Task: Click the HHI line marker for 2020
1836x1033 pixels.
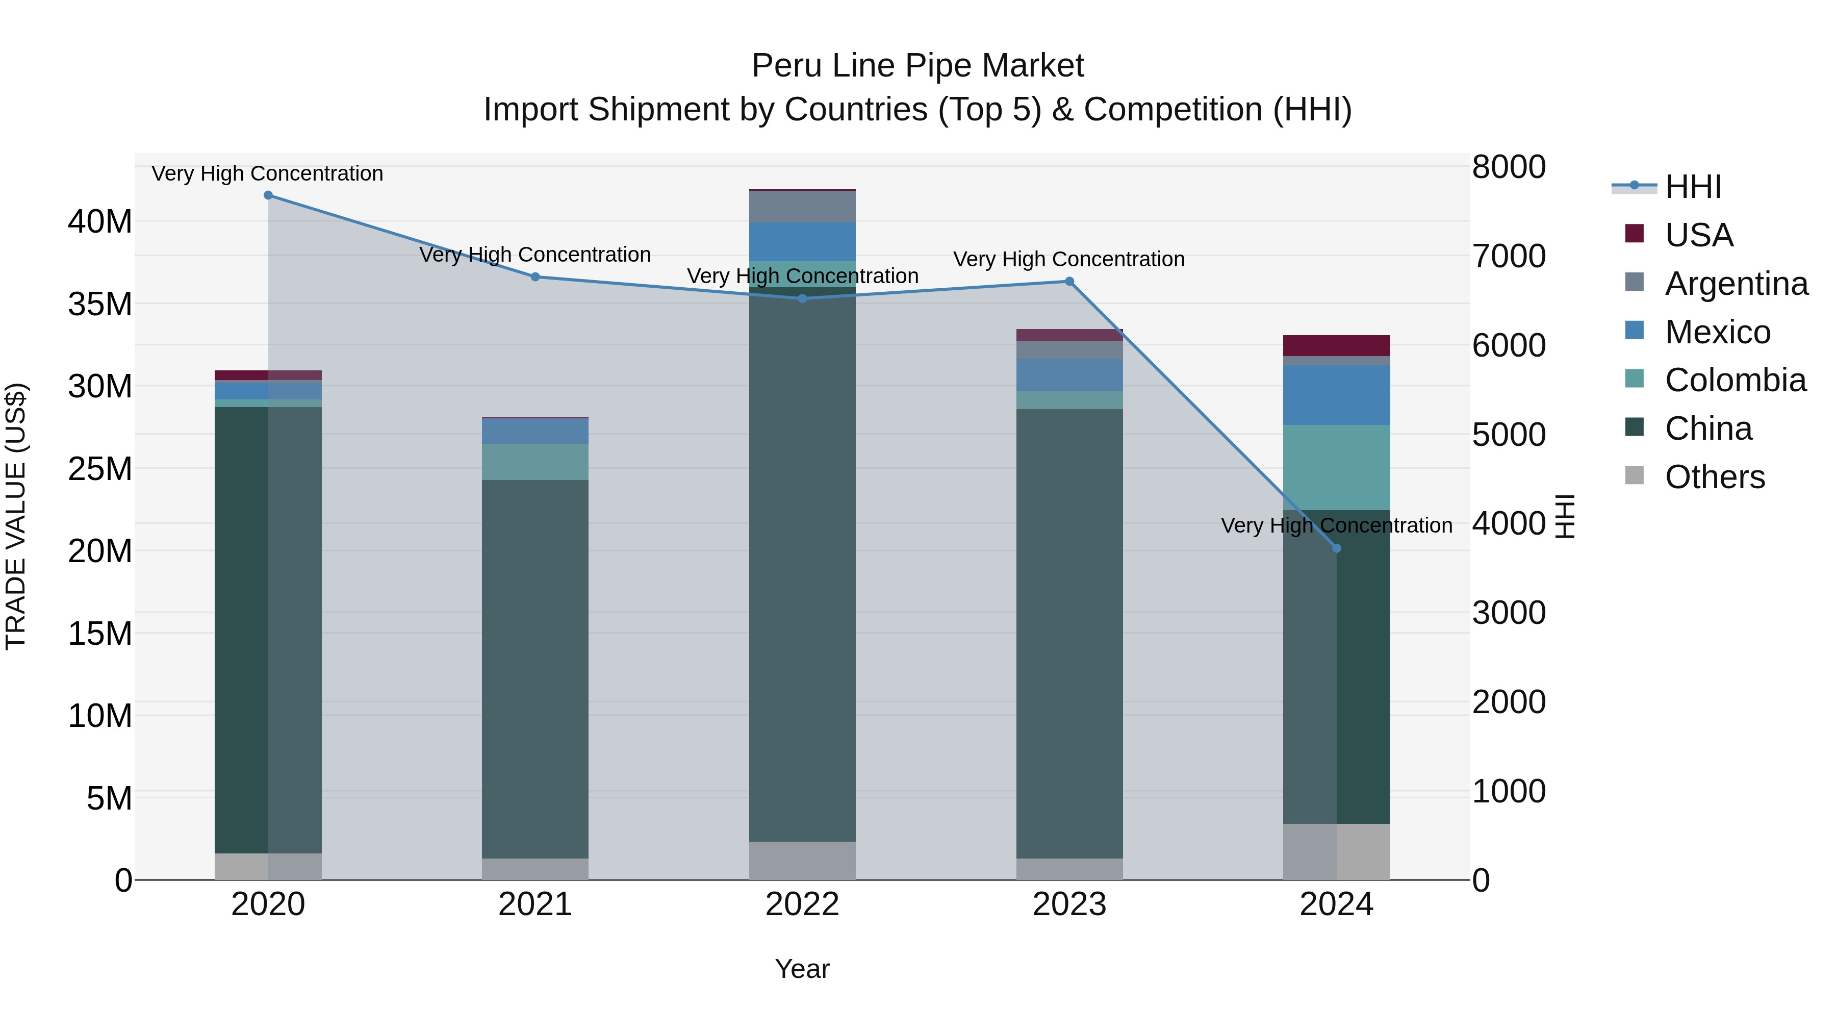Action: click(x=268, y=195)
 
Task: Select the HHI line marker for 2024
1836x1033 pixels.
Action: click(x=1336, y=548)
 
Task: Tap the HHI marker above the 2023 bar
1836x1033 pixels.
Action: click(x=1069, y=282)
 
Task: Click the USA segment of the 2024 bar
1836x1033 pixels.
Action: click(x=1336, y=346)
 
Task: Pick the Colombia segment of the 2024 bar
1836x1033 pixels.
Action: click(x=1336, y=468)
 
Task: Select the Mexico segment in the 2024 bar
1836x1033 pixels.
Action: click(x=1336, y=395)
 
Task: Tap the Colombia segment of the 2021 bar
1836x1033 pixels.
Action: click(x=535, y=462)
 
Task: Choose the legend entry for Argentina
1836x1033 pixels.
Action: click(x=1736, y=284)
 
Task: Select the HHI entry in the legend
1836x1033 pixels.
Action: click(x=1693, y=187)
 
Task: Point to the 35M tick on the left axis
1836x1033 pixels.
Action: click(x=100, y=305)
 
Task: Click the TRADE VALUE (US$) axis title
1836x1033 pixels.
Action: click(x=16, y=516)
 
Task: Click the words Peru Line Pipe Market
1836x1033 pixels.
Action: click(x=917, y=66)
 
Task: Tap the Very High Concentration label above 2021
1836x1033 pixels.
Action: click(x=535, y=255)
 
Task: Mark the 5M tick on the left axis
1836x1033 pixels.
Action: click(x=109, y=798)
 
